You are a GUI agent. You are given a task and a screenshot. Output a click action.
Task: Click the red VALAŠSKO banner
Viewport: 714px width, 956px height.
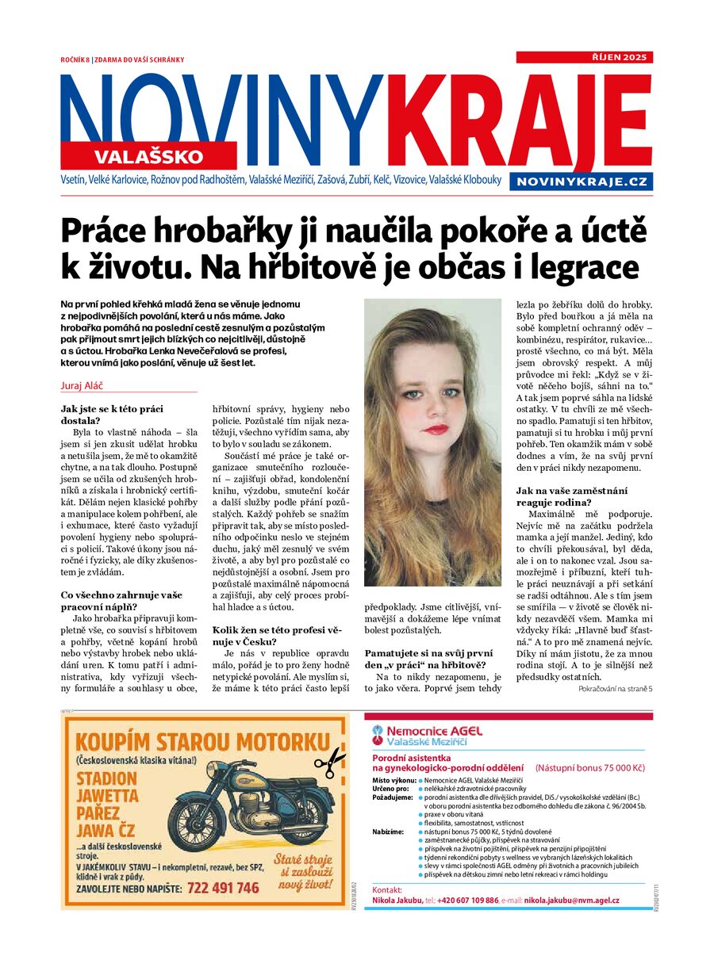[149, 155]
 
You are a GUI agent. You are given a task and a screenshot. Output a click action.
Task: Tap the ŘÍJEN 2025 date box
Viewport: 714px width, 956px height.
[585, 57]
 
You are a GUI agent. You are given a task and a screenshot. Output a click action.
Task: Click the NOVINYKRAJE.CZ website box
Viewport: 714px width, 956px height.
[582, 182]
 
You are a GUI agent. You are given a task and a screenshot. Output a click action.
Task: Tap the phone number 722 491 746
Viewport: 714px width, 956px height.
[221, 888]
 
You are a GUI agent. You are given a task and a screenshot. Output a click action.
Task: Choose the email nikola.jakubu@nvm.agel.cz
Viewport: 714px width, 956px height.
[571, 901]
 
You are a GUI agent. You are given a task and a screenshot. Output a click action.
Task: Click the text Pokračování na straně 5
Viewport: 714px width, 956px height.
[616, 689]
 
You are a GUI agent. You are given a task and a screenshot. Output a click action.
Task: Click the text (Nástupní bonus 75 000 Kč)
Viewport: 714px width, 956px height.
[590, 767]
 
